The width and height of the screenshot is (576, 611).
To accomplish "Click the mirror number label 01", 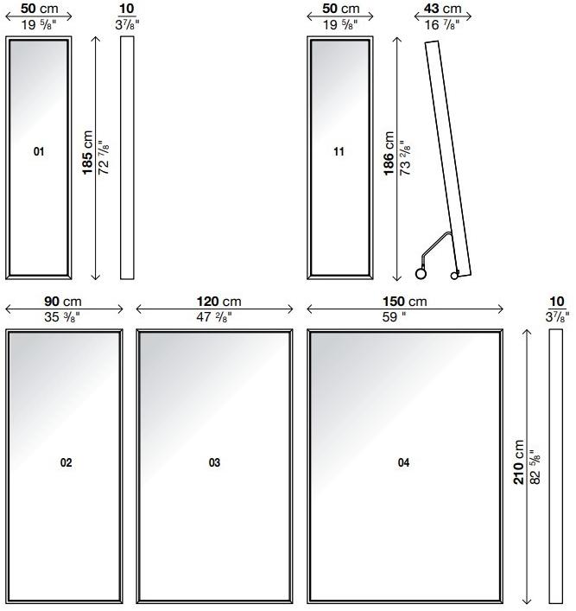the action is pyautogui.click(x=39, y=151).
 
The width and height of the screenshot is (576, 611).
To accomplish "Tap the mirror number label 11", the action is pyautogui.click(x=339, y=151).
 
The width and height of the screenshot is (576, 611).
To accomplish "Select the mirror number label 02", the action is pyautogui.click(x=66, y=462).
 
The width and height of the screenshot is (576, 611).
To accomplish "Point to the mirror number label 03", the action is pyautogui.click(x=214, y=462).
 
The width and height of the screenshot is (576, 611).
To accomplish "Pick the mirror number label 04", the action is pyautogui.click(x=403, y=462).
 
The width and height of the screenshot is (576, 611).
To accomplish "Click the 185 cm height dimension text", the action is pyautogui.click(x=87, y=153).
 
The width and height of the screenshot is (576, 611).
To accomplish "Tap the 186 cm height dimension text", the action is pyautogui.click(x=389, y=154).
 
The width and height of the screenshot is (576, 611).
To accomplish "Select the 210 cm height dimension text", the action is pyautogui.click(x=518, y=462).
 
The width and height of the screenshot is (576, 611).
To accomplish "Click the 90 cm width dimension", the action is pyautogui.click(x=63, y=302).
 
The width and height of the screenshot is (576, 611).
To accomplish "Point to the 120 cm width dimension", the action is pyautogui.click(x=218, y=302).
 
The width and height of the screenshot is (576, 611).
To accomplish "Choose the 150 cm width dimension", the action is pyautogui.click(x=405, y=302).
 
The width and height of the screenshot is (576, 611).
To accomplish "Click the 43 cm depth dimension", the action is pyautogui.click(x=442, y=8).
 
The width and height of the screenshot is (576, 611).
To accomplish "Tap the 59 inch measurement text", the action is pyautogui.click(x=394, y=317).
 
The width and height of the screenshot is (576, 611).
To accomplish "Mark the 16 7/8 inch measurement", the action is pyautogui.click(x=441, y=24).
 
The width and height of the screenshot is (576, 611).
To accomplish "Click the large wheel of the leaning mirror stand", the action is pyautogui.click(x=421, y=274).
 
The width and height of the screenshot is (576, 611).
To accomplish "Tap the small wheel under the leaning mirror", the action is pyautogui.click(x=454, y=276).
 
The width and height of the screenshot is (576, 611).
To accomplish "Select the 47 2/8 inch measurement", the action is pyautogui.click(x=214, y=317).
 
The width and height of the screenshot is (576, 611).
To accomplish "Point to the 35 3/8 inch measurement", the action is pyautogui.click(x=62, y=317).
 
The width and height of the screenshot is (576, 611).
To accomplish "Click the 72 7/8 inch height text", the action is pyautogui.click(x=104, y=157).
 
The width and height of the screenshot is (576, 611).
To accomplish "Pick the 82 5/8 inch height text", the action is pyautogui.click(x=535, y=468).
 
